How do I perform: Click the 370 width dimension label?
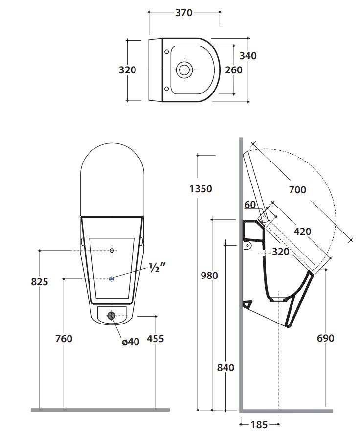[x=184, y=13]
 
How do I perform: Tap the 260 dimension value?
[x=234, y=70]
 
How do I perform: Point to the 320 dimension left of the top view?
[x=128, y=70]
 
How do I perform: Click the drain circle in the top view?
[x=185, y=69]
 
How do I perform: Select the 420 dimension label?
[x=302, y=231]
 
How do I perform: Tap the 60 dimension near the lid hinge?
[x=249, y=205]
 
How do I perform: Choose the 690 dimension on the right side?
[x=325, y=338]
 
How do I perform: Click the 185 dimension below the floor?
[x=259, y=425]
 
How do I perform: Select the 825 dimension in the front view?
[x=39, y=282]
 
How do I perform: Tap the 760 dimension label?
[x=64, y=338]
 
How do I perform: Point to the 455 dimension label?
[x=156, y=338]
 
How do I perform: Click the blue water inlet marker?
[x=112, y=279]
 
